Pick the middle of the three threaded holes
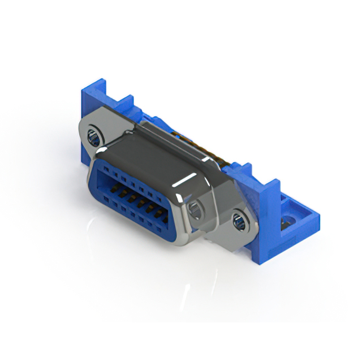196,209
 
